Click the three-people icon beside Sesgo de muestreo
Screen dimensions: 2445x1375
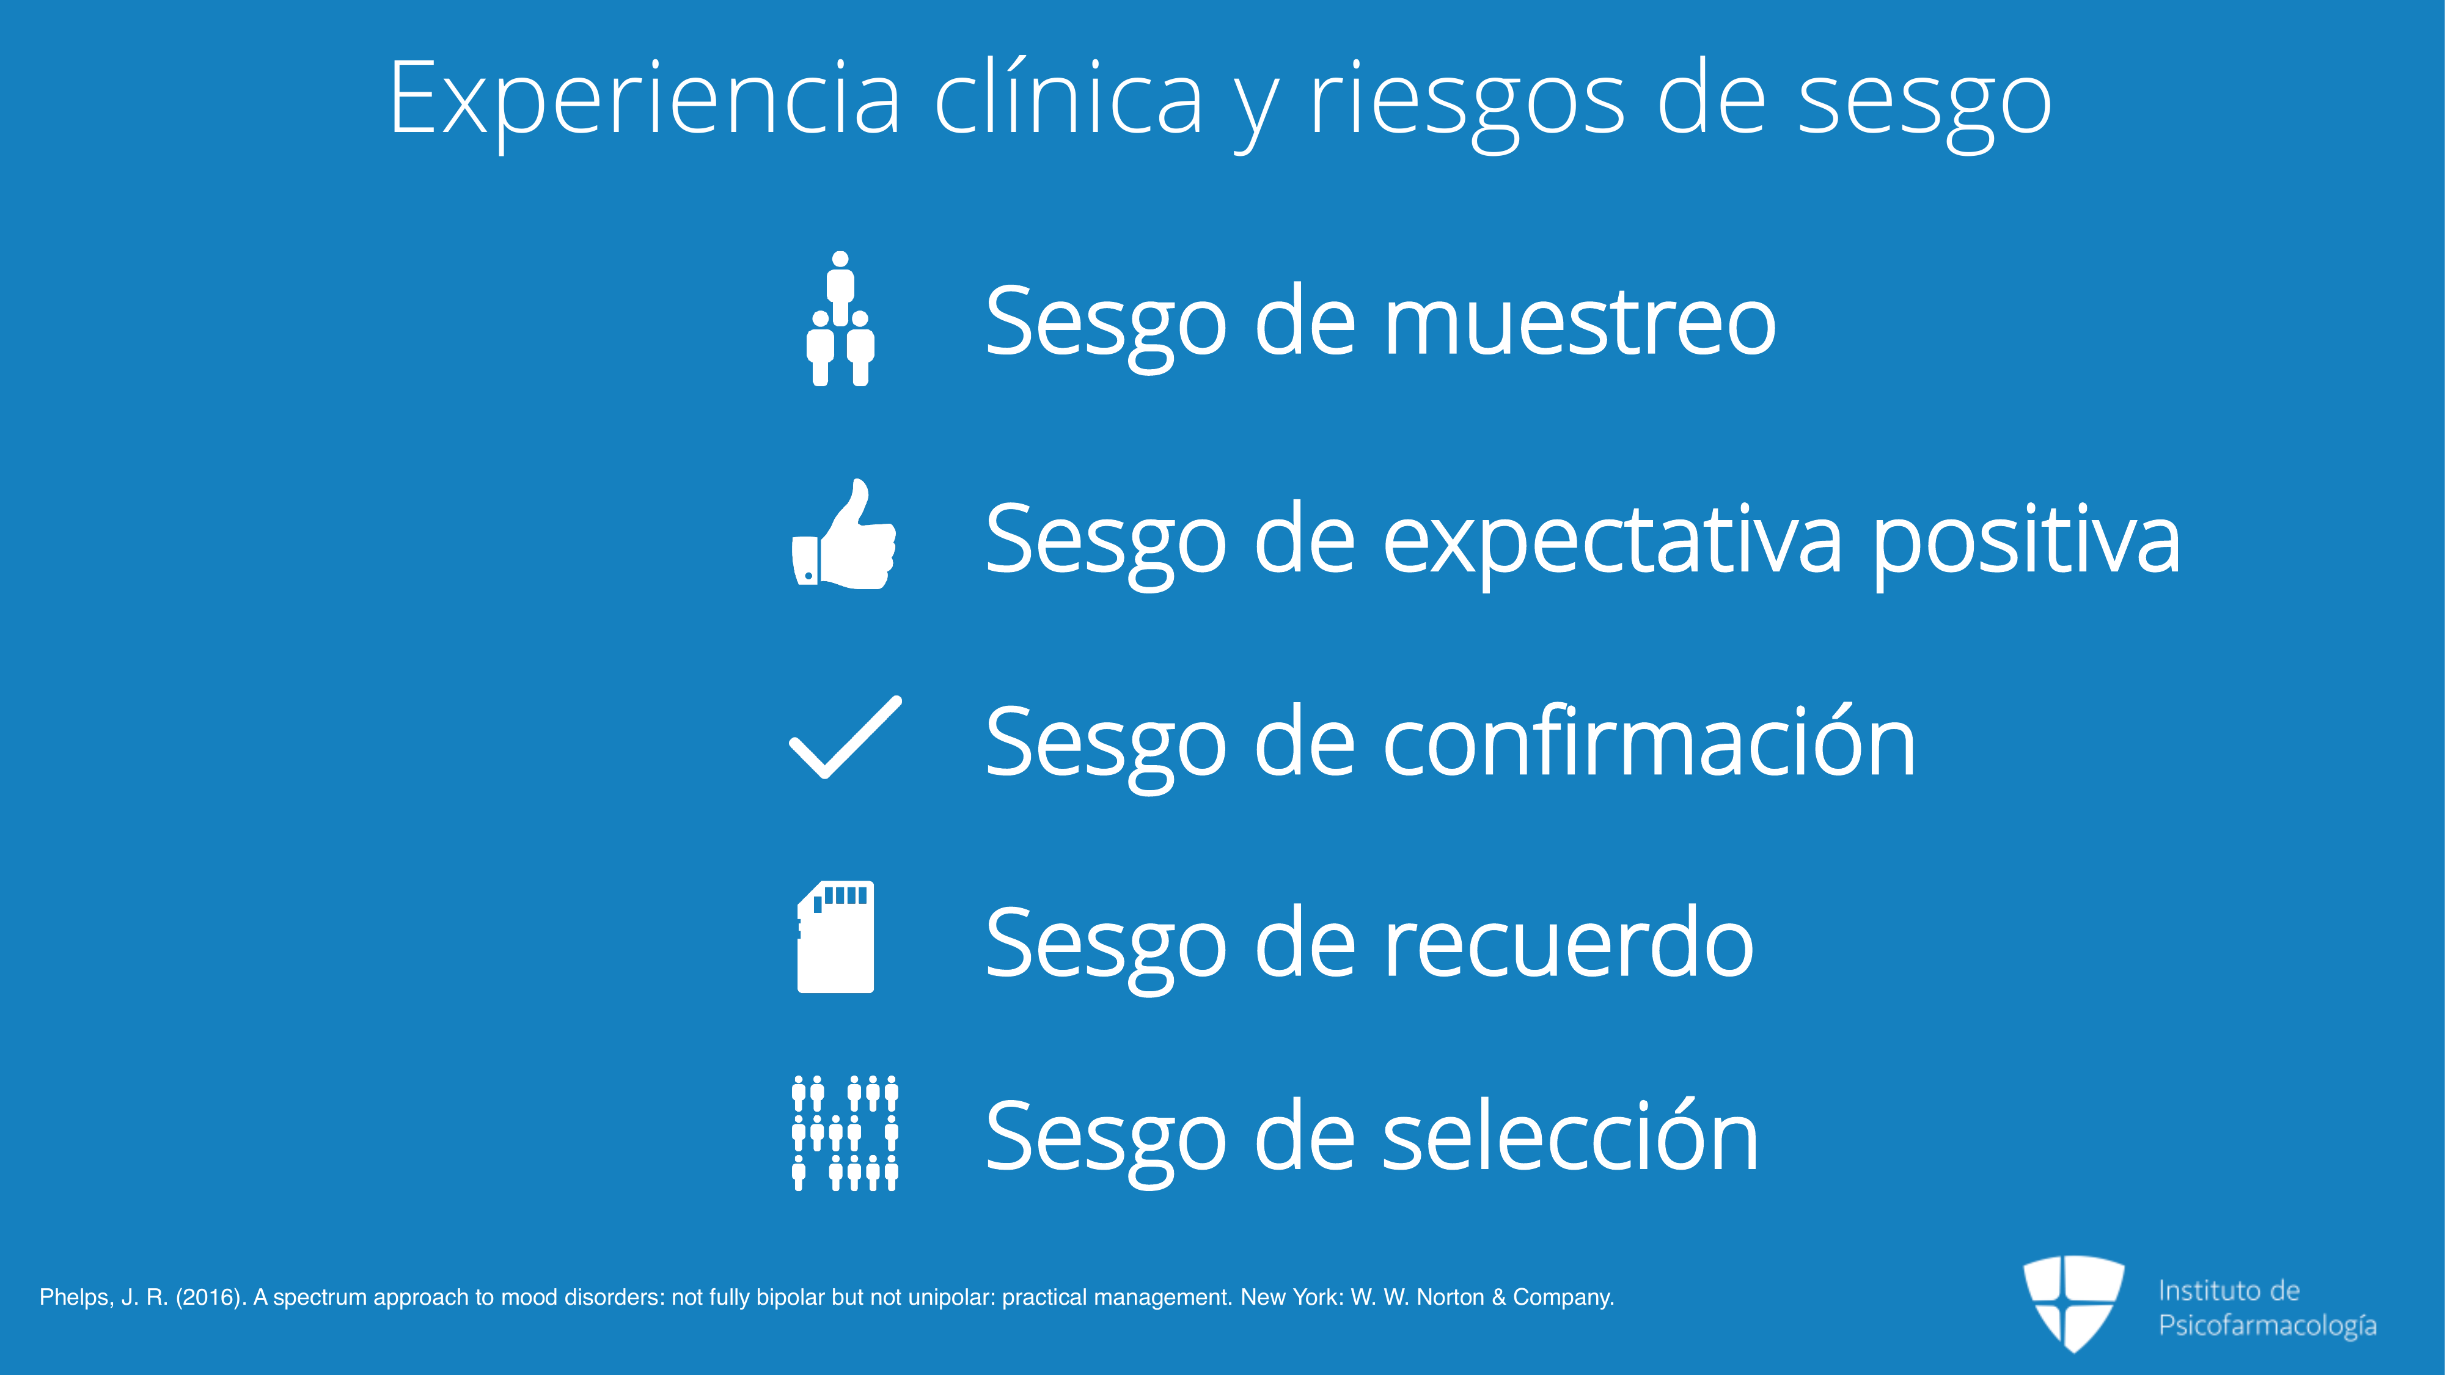(x=840, y=319)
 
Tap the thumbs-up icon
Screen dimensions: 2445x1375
(x=844, y=534)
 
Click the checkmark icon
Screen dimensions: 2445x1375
(x=845, y=738)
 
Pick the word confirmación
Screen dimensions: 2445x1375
(x=1649, y=740)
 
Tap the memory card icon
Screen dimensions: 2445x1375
(x=835, y=937)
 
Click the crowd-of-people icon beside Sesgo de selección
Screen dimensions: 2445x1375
(x=845, y=1133)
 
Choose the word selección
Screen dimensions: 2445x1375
(x=1571, y=1136)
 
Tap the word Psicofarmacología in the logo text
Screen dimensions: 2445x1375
(x=2268, y=1325)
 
